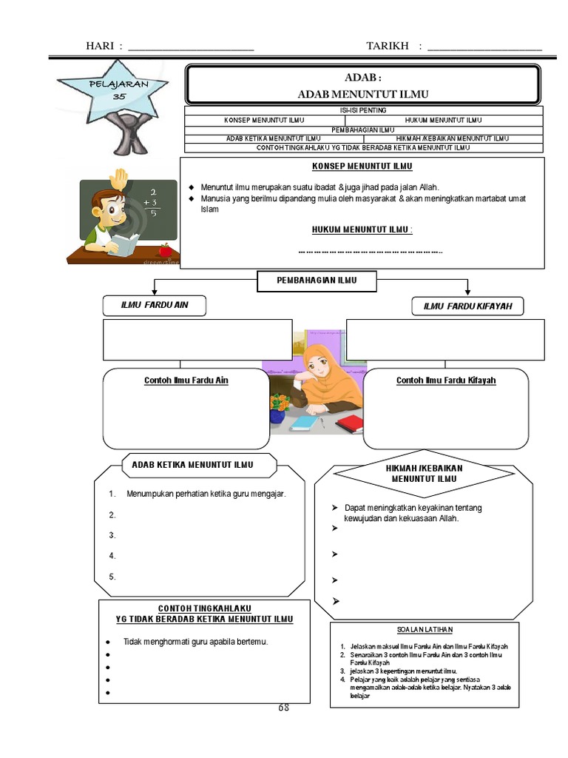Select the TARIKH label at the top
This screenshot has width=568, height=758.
click(388, 47)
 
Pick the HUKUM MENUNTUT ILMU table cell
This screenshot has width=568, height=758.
click(444, 119)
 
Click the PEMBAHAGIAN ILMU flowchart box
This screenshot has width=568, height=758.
click(317, 280)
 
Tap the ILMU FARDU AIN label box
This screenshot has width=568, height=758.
click(155, 305)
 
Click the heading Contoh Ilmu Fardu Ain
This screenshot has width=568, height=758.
click(186, 380)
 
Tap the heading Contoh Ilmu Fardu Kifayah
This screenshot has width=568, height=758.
click(446, 380)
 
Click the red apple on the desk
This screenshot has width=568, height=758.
click(164, 249)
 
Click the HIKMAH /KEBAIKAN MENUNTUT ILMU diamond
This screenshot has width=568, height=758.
click(424, 474)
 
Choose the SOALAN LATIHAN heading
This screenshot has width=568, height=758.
click(425, 629)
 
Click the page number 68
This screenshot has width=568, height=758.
click(283, 708)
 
